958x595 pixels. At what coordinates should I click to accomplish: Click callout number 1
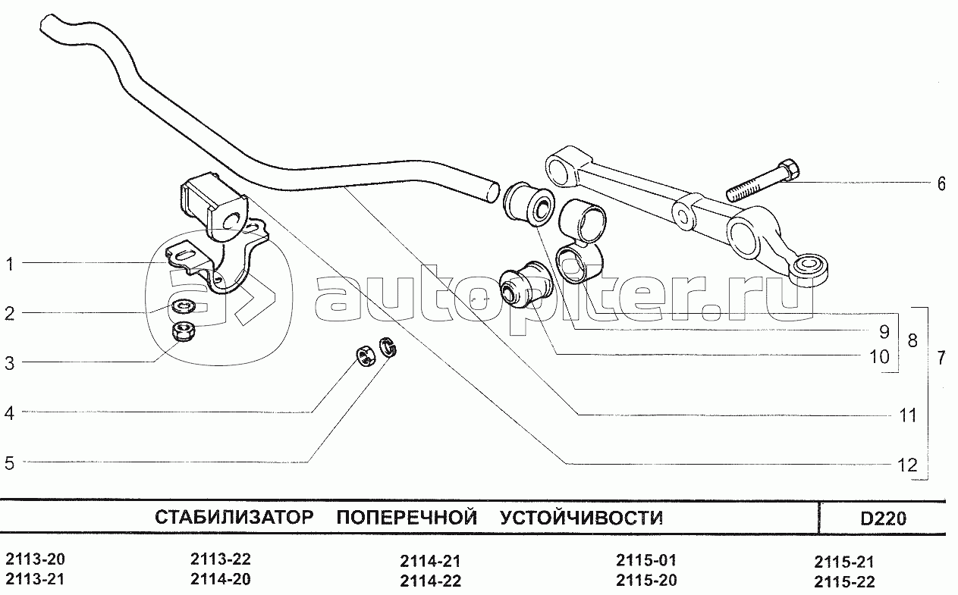pos(10,264)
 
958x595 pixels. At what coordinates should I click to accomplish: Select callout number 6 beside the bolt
pos(941,183)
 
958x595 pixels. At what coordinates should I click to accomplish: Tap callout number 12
pos(907,465)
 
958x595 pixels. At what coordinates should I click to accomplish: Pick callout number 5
pos(10,462)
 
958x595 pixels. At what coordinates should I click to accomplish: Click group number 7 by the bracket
pos(941,359)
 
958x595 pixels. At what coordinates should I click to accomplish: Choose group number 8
pos(912,340)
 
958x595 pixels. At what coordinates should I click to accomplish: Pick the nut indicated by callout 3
pos(181,330)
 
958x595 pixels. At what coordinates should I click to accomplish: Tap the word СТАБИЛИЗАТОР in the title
pos(234,518)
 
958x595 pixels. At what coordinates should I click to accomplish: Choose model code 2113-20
pos(35,560)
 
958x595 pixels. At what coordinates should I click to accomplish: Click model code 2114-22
pos(430,581)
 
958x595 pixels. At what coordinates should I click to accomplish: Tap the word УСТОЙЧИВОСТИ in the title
pos(582,518)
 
